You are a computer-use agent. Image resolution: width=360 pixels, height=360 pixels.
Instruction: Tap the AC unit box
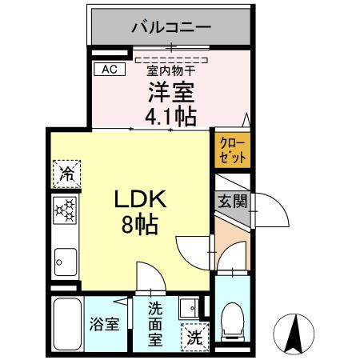(110, 70)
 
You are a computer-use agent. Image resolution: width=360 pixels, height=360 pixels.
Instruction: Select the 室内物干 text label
(170, 70)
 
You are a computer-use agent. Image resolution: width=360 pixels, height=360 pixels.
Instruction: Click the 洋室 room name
(170, 91)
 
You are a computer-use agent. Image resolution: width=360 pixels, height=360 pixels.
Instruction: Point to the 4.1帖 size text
(170, 117)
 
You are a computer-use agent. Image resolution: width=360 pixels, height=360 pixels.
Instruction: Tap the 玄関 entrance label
(232, 202)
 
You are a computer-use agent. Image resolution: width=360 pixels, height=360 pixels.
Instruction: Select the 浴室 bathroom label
(104, 326)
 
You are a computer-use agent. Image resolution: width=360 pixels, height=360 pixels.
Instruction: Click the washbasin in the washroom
(190, 308)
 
